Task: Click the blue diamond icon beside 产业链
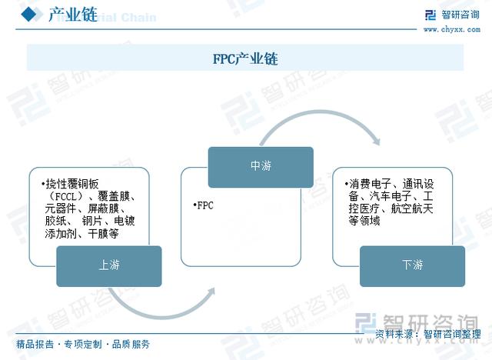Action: pyautogui.click(x=29, y=14)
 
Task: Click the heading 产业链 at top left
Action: pyautogui.click(x=73, y=15)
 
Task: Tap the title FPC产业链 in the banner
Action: pyautogui.click(x=245, y=58)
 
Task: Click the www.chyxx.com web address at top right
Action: pyautogui.click(x=451, y=29)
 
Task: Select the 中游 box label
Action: pyautogui.click(x=261, y=165)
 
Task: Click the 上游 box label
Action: pyautogui.click(x=109, y=265)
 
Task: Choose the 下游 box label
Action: pyautogui.click(x=412, y=265)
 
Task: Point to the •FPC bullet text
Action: pyautogui.click(x=203, y=205)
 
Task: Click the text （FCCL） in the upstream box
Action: pyautogui.click(x=65, y=196)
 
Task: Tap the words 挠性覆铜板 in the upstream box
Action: pyautogui.click(x=72, y=184)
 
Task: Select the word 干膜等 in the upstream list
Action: pyautogui.click(x=103, y=234)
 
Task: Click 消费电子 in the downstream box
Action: pyautogui.click(x=370, y=184)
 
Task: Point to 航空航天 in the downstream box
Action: pyautogui.click(x=412, y=208)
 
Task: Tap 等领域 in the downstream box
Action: pyautogui.click(x=364, y=221)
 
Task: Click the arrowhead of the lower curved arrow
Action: pyautogui.click(x=211, y=292)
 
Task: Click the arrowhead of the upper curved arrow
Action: pyautogui.click(x=376, y=141)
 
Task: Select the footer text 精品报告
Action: pyautogui.click(x=35, y=345)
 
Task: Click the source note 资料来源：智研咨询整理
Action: pyautogui.click(x=428, y=334)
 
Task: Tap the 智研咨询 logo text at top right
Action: pyautogui.click(x=460, y=15)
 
